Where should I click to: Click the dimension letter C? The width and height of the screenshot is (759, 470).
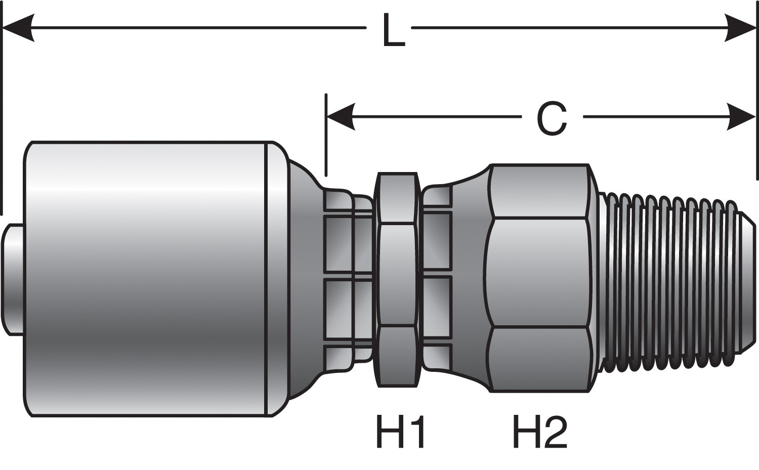[552, 118]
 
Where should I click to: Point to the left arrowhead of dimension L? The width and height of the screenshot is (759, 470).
[19, 28]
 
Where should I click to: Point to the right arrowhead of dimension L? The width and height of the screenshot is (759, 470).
[740, 28]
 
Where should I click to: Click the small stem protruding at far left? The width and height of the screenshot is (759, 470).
[13, 280]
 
